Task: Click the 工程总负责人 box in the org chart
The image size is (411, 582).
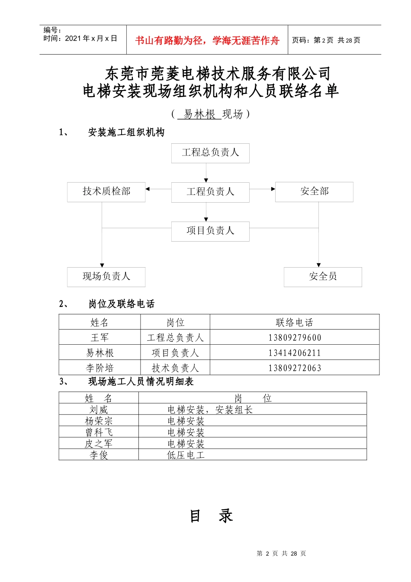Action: click(x=210, y=153)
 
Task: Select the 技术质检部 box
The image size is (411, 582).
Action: click(x=106, y=192)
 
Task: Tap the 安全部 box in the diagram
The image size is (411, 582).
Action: click(x=314, y=192)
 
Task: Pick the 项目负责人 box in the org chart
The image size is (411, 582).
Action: click(x=210, y=231)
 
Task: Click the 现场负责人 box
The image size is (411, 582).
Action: click(x=106, y=277)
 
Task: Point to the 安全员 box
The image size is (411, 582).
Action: click(x=323, y=277)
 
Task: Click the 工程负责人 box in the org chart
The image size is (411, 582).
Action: click(x=210, y=192)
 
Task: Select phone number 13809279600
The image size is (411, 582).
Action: click(x=295, y=338)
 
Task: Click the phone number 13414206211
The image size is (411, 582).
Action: click(x=295, y=353)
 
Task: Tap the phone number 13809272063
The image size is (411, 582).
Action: click(x=295, y=368)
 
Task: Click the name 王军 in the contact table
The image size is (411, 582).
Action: click(x=100, y=338)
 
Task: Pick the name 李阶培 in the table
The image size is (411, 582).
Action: click(x=100, y=368)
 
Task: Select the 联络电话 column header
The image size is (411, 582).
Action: click(x=295, y=323)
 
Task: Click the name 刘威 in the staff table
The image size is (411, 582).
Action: click(x=99, y=410)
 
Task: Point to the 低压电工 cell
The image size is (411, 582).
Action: click(x=186, y=455)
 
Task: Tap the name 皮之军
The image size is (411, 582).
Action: click(x=99, y=444)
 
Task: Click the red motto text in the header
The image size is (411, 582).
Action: click(x=207, y=41)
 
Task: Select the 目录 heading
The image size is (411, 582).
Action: click(x=211, y=516)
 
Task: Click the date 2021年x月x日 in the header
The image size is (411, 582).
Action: click(x=91, y=39)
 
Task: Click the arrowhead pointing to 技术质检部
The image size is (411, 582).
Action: click(x=148, y=189)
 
